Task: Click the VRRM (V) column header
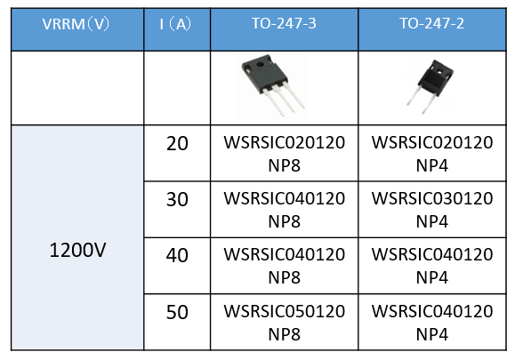coord(76,24)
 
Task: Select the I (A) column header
coord(175,24)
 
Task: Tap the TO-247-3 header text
coord(284,23)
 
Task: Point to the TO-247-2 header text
coord(432,23)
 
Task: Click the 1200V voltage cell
coord(77,250)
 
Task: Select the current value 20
coord(177,143)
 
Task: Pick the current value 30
coord(177,199)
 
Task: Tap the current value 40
coord(177,255)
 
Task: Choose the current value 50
coord(177,312)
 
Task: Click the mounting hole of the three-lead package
coord(260,64)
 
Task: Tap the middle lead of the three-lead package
coord(286,100)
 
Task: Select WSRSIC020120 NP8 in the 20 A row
coord(285,154)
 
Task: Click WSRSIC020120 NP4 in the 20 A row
coord(432,154)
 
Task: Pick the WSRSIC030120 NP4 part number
coord(432,210)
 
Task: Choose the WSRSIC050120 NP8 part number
coord(285,323)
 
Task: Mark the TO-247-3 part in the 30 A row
coord(285,210)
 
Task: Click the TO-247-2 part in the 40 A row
coord(432,266)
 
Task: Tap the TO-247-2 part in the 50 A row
coord(432,323)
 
